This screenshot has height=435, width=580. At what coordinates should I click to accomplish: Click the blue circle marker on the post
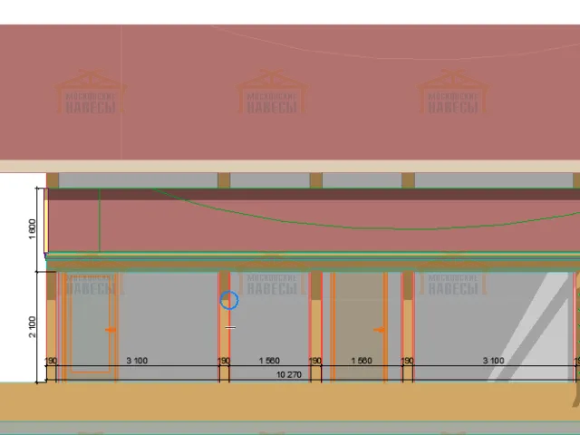point(229,300)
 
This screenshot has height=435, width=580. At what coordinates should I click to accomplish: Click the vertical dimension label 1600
point(33,227)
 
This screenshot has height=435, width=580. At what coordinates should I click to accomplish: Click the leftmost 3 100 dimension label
point(137,361)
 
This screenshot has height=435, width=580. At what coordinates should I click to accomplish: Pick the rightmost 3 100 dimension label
point(493,361)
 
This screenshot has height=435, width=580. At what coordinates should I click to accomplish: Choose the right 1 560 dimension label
point(362,361)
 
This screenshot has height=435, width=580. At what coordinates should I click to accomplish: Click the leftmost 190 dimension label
point(52,361)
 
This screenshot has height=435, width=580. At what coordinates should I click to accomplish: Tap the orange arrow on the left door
point(111,330)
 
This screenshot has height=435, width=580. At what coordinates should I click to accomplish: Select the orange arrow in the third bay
point(381,330)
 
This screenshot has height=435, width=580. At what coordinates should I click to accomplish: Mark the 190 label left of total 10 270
point(224,361)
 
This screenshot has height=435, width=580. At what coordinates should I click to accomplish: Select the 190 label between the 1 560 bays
point(315,361)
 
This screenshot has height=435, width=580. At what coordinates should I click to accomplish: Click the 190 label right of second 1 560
point(408,361)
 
